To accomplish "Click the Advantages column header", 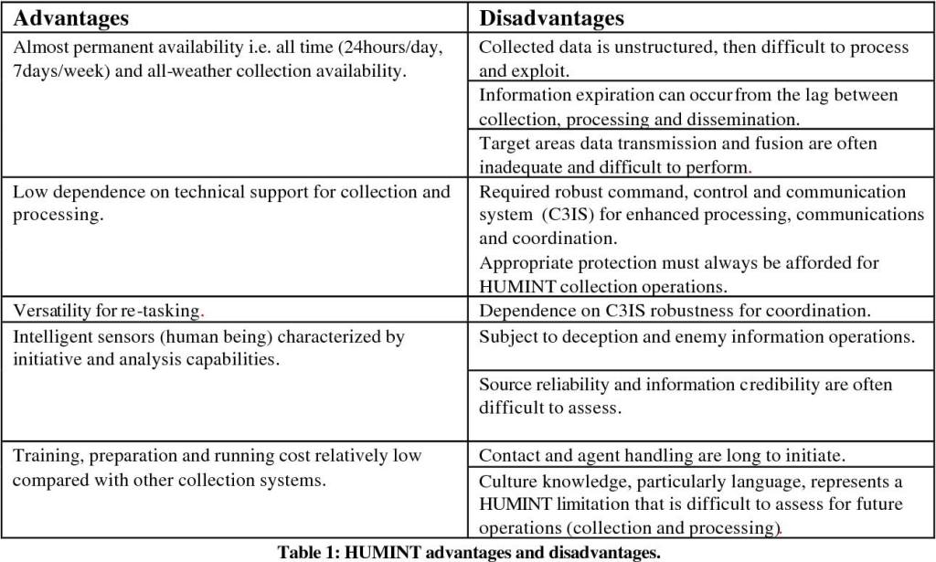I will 71,17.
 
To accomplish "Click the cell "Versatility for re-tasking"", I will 106,312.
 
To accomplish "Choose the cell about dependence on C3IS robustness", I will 675,312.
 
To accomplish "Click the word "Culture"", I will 509,481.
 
